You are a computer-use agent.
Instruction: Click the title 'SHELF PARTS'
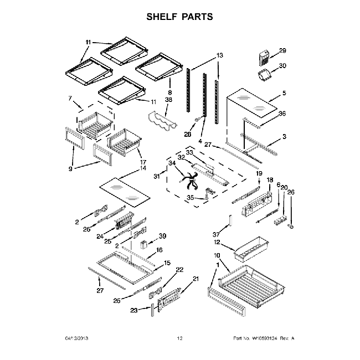tap(179, 17)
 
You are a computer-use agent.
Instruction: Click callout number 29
tap(282, 51)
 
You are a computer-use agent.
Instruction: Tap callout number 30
tap(282, 65)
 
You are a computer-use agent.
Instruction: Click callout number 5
tap(284, 93)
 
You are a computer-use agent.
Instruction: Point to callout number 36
tap(283, 115)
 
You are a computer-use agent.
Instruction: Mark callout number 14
tap(143, 168)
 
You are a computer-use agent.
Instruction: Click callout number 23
tap(134, 311)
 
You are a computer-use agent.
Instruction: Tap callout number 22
tap(179, 270)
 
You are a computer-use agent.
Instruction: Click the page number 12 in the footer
tap(179, 338)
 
